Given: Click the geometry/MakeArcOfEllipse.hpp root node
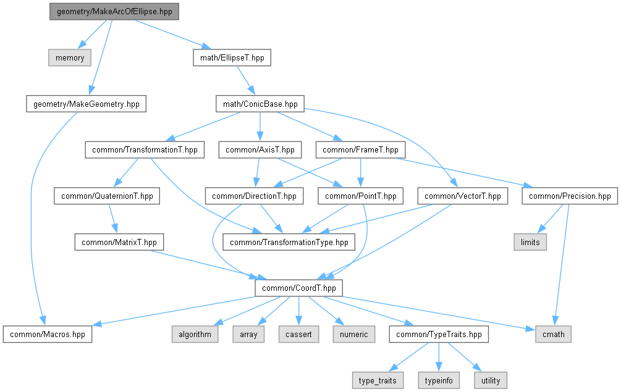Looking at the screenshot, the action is click(x=114, y=12).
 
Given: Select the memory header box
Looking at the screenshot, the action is click(x=70, y=58).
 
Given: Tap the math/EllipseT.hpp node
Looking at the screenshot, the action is click(x=232, y=58).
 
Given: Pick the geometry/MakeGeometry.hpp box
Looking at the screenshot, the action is click(x=87, y=104).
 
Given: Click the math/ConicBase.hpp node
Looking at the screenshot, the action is click(x=260, y=104).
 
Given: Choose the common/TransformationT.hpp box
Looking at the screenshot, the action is click(x=145, y=150).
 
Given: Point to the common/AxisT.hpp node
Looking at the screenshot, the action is click(x=260, y=150).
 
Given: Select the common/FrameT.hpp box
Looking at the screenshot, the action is click(x=360, y=150).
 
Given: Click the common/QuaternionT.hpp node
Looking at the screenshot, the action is click(x=107, y=196).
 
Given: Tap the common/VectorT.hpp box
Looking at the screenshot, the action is click(x=463, y=196).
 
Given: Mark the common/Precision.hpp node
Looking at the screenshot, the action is click(x=570, y=196).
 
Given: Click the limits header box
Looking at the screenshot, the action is click(x=530, y=242).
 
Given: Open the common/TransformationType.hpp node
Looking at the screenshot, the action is click(x=289, y=242).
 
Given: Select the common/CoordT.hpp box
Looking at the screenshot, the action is click(x=298, y=288).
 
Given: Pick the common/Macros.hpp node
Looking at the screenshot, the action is click(x=48, y=334).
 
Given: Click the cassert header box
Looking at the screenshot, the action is click(x=298, y=334).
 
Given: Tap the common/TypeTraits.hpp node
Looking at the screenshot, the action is click(x=439, y=334).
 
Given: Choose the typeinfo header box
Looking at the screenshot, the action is click(x=439, y=380).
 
